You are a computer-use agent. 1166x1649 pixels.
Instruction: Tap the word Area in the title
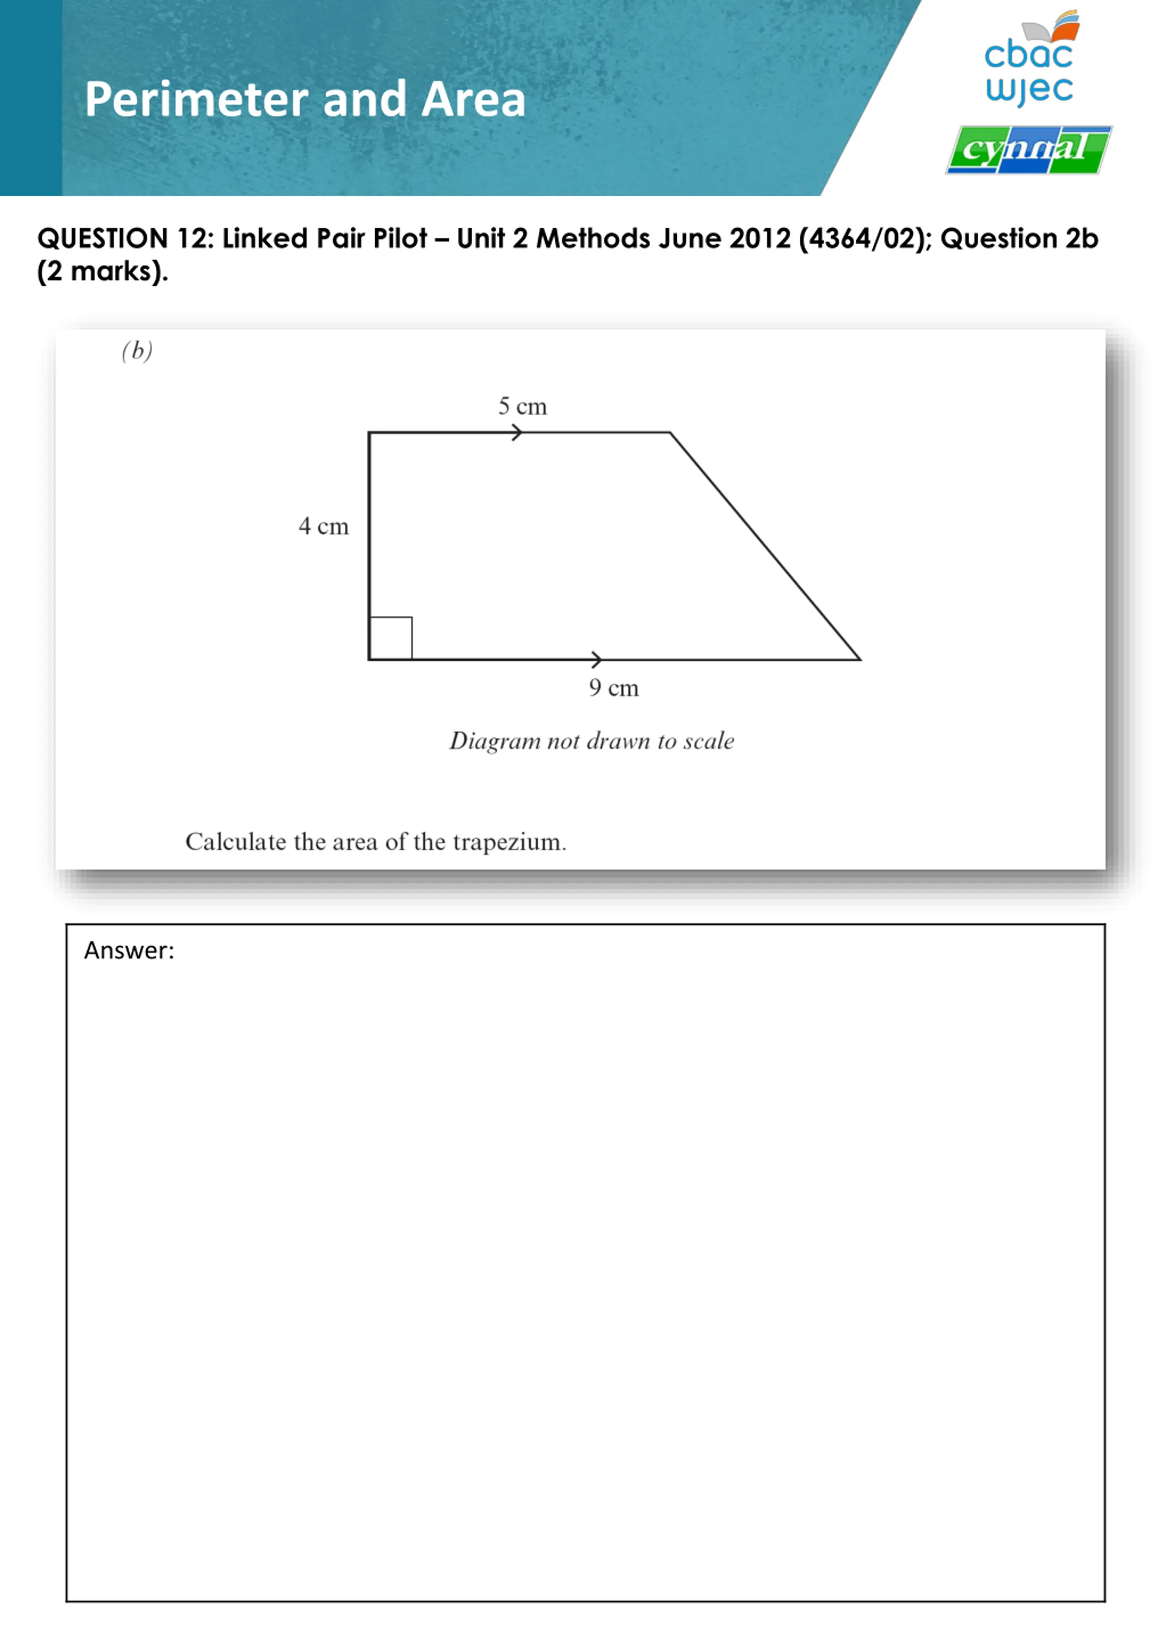pyautogui.click(x=473, y=99)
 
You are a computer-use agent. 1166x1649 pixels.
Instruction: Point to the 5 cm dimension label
pyautogui.click(x=522, y=407)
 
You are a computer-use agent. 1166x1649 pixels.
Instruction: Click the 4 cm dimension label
pyautogui.click(x=323, y=526)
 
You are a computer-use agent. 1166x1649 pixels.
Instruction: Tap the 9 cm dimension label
pyautogui.click(x=614, y=688)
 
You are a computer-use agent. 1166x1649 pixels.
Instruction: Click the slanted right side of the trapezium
pyautogui.click(x=765, y=546)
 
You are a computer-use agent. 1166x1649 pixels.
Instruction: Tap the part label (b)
pyautogui.click(x=137, y=351)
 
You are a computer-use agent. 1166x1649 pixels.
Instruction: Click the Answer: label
pyautogui.click(x=129, y=950)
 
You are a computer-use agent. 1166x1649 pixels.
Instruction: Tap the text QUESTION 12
pyautogui.click(x=126, y=239)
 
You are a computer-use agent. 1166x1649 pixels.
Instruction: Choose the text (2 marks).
pyautogui.click(x=103, y=271)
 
